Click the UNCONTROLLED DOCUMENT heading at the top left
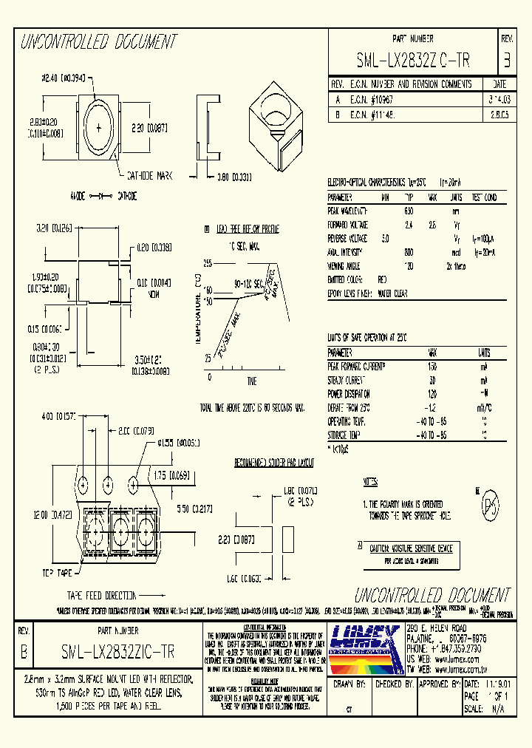click(98, 41)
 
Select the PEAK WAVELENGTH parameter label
click(347, 211)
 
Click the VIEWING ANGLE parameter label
click(345, 265)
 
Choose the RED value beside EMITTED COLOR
click(382, 279)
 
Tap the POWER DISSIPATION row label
click(349, 394)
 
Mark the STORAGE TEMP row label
click(344, 435)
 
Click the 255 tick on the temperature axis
click(207, 263)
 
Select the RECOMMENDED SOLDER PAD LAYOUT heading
click(274, 463)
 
